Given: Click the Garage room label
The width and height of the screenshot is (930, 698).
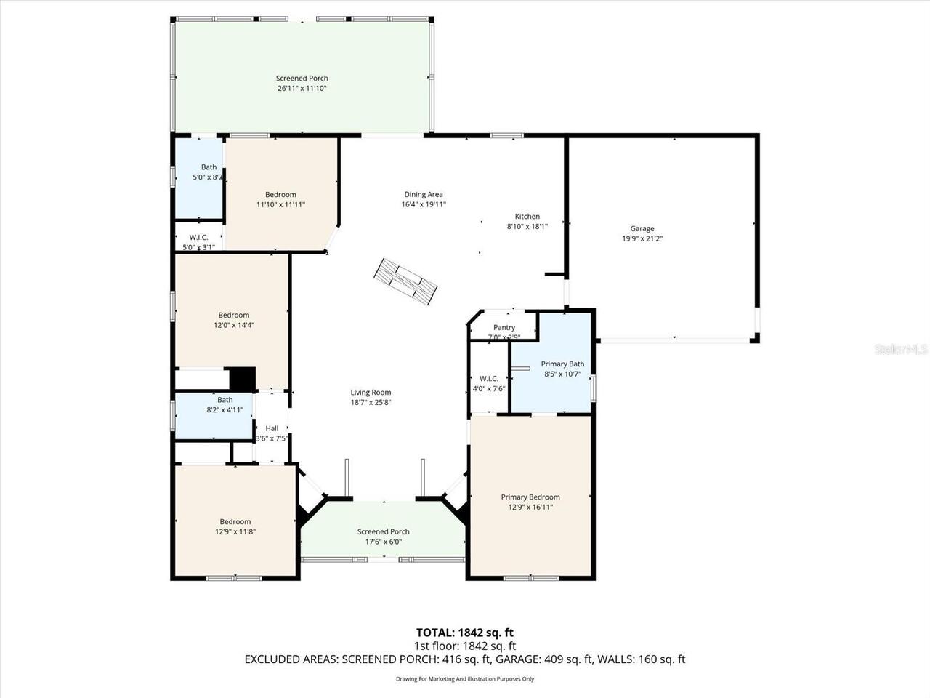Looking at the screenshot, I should click(x=642, y=228).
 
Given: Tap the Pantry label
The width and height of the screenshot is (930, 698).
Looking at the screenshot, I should click(x=504, y=328).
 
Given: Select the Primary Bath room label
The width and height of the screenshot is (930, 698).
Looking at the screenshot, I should click(x=562, y=364).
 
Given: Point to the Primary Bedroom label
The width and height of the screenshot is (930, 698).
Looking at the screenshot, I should click(x=530, y=497).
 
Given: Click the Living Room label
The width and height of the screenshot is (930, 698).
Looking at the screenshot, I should click(x=371, y=393).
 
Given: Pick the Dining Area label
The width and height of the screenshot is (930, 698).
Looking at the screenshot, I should click(x=424, y=194).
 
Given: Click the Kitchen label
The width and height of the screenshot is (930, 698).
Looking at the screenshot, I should click(x=527, y=216).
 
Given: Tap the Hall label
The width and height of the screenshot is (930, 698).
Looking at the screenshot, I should click(x=272, y=428).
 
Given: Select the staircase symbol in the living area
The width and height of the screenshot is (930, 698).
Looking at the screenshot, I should click(x=405, y=281).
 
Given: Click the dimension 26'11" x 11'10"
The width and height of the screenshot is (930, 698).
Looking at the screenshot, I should click(x=302, y=89).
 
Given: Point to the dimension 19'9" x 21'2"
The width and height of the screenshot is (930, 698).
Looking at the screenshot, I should click(x=642, y=238).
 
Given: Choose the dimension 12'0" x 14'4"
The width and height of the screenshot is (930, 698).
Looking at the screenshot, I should click(x=234, y=326).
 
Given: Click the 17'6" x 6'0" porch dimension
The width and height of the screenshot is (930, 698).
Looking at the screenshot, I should click(x=384, y=542).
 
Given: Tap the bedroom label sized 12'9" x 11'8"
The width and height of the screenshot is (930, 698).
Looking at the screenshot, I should click(x=235, y=521).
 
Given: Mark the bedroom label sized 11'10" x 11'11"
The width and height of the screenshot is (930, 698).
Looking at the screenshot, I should click(x=280, y=194).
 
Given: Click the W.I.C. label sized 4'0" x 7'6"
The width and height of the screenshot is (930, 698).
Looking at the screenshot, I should click(x=489, y=378).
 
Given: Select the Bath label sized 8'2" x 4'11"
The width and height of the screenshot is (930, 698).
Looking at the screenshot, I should click(x=225, y=399).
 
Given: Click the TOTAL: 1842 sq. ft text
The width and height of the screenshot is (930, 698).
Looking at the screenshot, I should click(x=464, y=633).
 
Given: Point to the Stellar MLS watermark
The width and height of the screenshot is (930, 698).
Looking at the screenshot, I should click(x=901, y=350).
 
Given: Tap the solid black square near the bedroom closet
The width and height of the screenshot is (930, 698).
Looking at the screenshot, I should click(x=243, y=379).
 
